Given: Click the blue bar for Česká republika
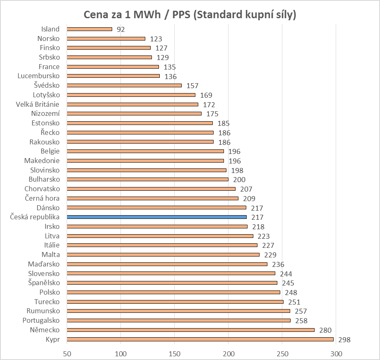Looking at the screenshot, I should (x=156, y=217).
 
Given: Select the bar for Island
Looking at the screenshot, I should (x=89, y=29).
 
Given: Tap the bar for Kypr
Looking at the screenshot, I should (x=200, y=339).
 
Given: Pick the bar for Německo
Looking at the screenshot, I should (x=190, y=330).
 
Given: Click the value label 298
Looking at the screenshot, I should (x=344, y=340).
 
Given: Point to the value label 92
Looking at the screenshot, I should (x=120, y=29).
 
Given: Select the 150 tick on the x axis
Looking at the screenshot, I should (x=175, y=354).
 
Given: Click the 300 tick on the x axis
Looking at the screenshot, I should (x=336, y=354).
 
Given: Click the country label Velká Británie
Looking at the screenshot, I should (x=38, y=104).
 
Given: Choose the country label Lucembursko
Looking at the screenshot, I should (x=38, y=76).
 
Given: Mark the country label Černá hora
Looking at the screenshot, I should (x=42, y=198).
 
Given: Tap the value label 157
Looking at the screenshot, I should (x=192, y=86).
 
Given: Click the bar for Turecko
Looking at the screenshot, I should (x=175, y=302).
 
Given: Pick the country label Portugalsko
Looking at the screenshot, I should (x=41, y=320).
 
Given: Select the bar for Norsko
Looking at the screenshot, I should (x=106, y=38).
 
